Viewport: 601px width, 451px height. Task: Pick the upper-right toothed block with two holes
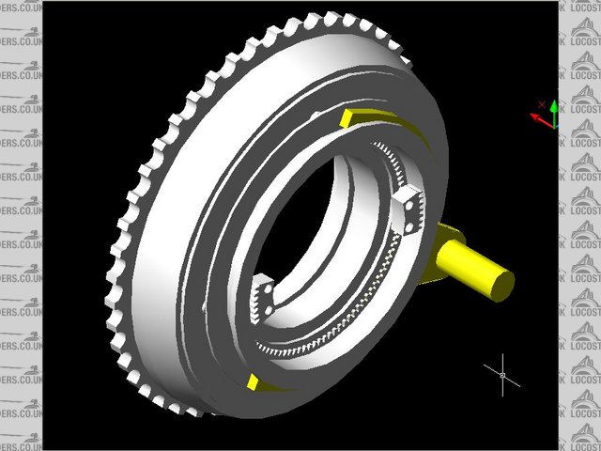409,208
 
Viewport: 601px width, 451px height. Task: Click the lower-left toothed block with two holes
263,298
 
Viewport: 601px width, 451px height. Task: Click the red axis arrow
538,118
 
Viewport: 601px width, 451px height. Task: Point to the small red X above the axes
542,103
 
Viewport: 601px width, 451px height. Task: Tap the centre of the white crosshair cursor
502,375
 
